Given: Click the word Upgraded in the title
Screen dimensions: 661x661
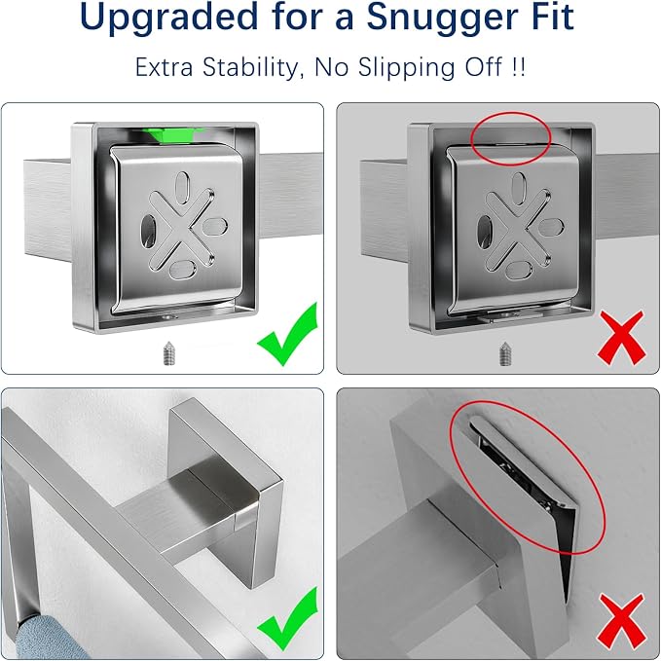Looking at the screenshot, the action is pyautogui.click(x=168, y=17).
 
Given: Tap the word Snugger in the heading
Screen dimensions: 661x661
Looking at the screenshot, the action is pyautogui.click(x=443, y=17).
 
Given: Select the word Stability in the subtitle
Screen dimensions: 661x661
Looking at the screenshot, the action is pyautogui.click(x=252, y=67).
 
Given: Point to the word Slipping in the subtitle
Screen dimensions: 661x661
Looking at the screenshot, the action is pyautogui.click(x=407, y=67).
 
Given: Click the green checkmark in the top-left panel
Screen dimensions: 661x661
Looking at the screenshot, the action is pyautogui.click(x=288, y=334).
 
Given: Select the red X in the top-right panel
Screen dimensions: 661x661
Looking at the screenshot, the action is pyautogui.click(x=621, y=337).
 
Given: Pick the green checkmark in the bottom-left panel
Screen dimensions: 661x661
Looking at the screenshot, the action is pyautogui.click(x=288, y=618).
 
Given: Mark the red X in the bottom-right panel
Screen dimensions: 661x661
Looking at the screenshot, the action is pyautogui.click(x=622, y=620).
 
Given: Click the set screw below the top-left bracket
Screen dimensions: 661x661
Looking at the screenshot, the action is pyautogui.click(x=169, y=353).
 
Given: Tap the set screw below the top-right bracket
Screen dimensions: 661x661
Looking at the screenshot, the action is pyautogui.click(x=505, y=353).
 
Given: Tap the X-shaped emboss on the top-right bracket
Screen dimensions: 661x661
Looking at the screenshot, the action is pyautogui.click(x=519, y=230).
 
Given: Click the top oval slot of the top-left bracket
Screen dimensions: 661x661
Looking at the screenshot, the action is pyautogui.click(x=182, y=187).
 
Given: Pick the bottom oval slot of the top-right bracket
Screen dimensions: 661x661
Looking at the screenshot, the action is pyautogui.click(x=519, y=271).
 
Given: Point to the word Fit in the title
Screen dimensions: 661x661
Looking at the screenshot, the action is pyautogui.click(x=553, y=17).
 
